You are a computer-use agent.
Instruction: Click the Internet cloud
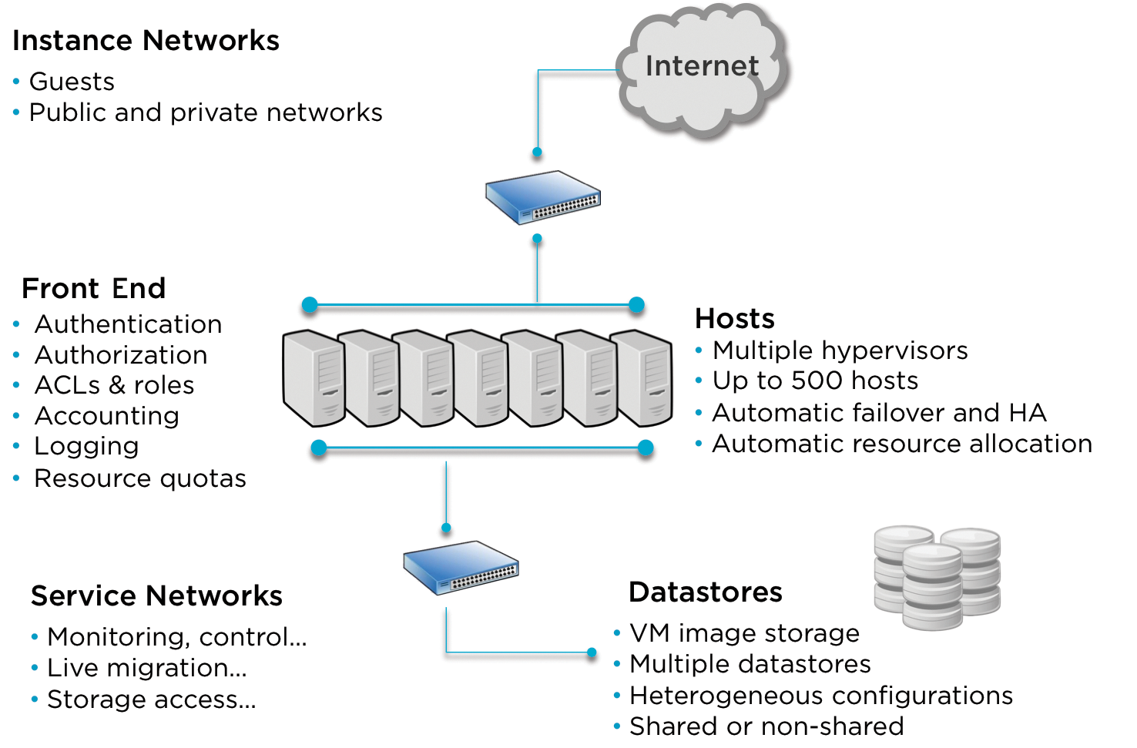coord(703,69)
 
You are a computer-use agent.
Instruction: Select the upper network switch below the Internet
coord(543,197)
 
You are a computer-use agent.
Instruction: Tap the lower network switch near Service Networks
coord(461,568)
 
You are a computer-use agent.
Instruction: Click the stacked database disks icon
coord(937,575)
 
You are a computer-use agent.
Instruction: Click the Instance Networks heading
coord(146,41)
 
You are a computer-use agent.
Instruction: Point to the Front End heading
coord(93,288)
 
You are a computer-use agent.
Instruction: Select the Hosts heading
coord(734,318)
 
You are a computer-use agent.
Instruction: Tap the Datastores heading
coord(705,592)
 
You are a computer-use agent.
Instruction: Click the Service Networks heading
coord(156,595)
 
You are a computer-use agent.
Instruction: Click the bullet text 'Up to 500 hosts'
coord(815,381)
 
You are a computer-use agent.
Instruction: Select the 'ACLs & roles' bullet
coord(114,385)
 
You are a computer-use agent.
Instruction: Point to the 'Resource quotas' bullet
coord(139,478)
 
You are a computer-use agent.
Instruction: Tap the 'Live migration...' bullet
coord(146,668)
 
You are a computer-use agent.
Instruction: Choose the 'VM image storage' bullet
coord(743,633)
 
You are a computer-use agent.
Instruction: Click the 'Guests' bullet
coord(72,82)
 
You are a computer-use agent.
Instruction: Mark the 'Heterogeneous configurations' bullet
coord(820,696)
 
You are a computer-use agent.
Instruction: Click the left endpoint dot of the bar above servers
coord(310,305)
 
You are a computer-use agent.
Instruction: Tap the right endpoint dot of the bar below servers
coord(646,448)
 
